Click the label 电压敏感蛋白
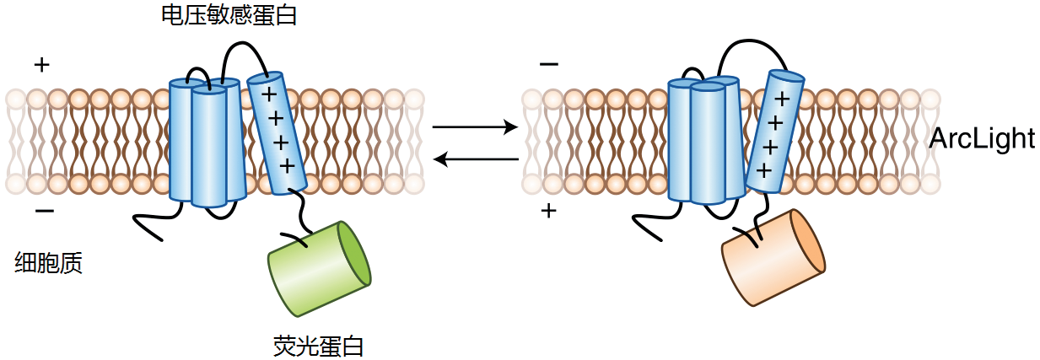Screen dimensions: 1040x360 pyautogui.click(x=229, y=15)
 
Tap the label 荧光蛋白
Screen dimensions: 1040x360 pyautogui.click(x=319, y=346)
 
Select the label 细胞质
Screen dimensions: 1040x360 pyautogui.click(x=49, y=262)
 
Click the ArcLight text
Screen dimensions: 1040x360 pyautogui.click(x=983, y=138)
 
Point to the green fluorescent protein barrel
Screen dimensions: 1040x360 pyautogui.click(x=320, y=269)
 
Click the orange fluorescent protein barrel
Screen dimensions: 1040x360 pyautogui.click(x=773, y=258)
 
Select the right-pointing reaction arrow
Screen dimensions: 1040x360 pyautogui.click(x=475, y=126)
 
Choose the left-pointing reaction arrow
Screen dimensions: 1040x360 pyautogui.click(x=476, y=159)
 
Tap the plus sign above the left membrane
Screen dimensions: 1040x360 pyautogui.click(x=42, y=65)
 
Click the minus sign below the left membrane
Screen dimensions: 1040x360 pyautogui.click(x=45, y=212)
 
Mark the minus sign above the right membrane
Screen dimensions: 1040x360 pyautogui.click(x=549, y=64)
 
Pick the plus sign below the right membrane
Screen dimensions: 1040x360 pyautogui.click(x=549, y=211)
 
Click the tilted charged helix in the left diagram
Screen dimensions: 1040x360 pyautogui.click(x=278, y=133)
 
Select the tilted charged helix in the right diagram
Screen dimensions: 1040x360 pyautogui.click(x=774, y=132)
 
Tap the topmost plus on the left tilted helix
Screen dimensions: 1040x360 pyautogui.click(x=269, y=95)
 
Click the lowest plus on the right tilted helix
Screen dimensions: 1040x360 pyautogui.click(x=763, y=170)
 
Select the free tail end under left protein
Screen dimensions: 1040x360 pyautogui.click(x=162, y=240)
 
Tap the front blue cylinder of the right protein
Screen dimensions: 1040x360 pyautogui.click(x=708, y=144)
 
